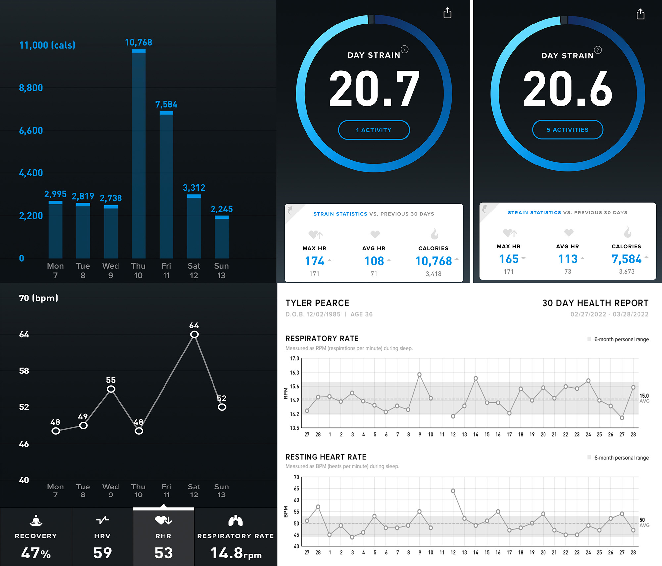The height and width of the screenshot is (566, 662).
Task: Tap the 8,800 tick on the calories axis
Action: click(x=31, y=88)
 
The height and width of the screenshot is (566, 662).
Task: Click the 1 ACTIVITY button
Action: click(x=374, y=130)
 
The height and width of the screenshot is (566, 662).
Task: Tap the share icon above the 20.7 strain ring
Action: click(x=447, y=13)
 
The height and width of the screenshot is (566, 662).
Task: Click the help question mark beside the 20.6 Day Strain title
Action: click(x=598, y=50)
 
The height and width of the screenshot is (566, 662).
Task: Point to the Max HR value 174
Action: click(x=314, y=261)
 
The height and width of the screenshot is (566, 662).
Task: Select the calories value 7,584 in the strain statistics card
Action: click(x=626, y=259)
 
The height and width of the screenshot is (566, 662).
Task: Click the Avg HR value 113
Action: click(x=568, y=259)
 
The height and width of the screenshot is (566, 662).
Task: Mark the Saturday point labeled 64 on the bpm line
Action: click(x=194, y=334)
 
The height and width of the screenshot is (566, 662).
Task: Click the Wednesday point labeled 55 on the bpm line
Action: click(x=111, y=389)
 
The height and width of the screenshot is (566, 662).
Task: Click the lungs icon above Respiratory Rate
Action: click(x=235, y=520)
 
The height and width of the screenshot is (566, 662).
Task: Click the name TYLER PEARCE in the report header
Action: click(x=317, y=303)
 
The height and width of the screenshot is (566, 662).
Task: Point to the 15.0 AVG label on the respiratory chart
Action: click(x=644, y=398)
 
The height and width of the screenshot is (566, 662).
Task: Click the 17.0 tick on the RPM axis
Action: click(x=294, y=359)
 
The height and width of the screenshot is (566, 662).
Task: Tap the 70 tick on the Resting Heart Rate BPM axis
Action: click(x=296, y=477)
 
